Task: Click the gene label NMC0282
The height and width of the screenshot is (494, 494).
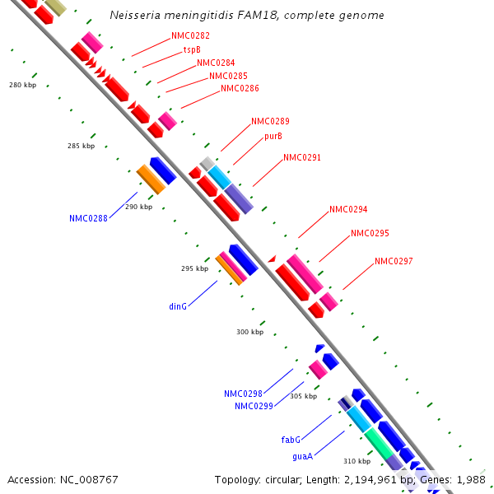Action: tap(190, 36)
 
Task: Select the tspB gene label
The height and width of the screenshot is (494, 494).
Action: tap(192, 49)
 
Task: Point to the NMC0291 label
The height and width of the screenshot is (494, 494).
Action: tap(302, 157)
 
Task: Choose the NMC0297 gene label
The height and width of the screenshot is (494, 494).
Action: tap(394, 261)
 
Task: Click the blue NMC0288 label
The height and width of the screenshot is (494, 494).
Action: tap(88, 218)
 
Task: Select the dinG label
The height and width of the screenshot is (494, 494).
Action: tap(179, 306)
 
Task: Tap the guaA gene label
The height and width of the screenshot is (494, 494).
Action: tap(301, 455)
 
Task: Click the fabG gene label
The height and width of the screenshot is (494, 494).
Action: tap(291, 440)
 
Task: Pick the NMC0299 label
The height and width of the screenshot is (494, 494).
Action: tap(254, 406)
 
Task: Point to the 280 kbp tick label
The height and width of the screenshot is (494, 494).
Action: tap(23, 85)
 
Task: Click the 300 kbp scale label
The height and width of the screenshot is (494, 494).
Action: tap(249, 332)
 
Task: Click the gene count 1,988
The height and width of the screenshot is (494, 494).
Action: tap(471, 479)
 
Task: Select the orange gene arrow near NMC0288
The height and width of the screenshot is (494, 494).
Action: tap(151, 179)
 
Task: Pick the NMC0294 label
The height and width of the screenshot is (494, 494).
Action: tap(348, 209)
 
